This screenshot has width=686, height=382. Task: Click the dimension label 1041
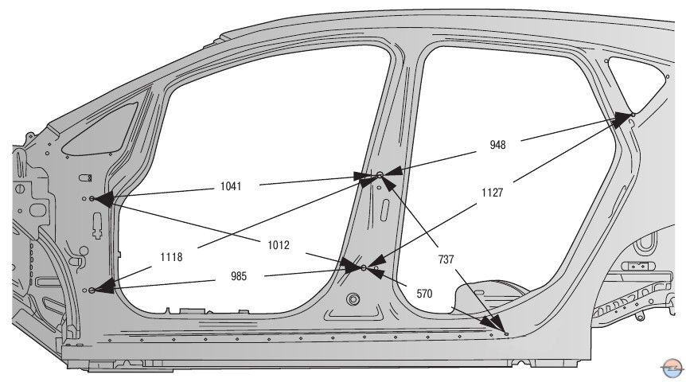pos(231,186)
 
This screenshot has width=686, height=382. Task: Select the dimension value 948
pos(498,145)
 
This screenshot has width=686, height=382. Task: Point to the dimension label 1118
pos(172,256)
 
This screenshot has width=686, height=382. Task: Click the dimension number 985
pos(239,276)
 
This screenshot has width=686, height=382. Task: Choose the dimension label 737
pos(446,259)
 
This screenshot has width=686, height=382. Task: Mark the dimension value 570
pos(424,293)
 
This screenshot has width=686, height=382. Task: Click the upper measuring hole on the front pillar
pos(92,198)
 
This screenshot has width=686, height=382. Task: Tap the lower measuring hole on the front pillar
pos(92,290)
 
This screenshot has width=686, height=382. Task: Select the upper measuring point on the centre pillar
pos(380,174)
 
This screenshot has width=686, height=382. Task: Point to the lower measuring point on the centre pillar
pos(364,268)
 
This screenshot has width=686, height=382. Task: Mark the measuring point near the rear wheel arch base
pos(504,333)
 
